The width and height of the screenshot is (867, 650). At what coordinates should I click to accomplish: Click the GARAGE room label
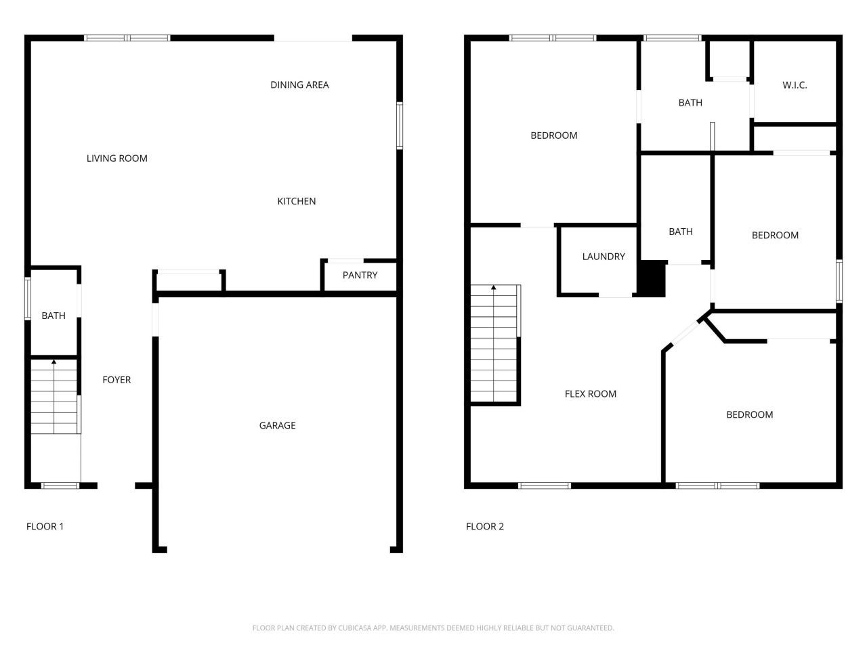(x=277, y=425)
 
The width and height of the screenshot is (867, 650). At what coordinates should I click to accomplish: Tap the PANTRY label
(x=360, y=275)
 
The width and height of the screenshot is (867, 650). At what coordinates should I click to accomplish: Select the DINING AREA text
(x=299, y=85)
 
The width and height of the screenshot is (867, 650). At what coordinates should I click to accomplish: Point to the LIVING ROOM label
(x=117, y=158)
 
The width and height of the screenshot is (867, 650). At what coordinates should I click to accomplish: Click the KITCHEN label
(x=296, y=201)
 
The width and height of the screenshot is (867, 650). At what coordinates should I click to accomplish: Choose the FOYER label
(x=117, y=380)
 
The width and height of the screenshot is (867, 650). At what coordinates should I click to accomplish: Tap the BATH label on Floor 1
(x=54, y=316)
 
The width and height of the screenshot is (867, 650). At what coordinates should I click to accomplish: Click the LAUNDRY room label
(x=603, y=257)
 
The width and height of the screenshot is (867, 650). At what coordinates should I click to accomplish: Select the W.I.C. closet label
(x=795, y=85)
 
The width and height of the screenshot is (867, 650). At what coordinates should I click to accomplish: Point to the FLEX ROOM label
(x=590, y=394)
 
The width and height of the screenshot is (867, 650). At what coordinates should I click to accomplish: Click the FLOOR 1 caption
(x=45, y=527)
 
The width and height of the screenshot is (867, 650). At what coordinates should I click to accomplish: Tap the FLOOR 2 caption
(x=484, y=527)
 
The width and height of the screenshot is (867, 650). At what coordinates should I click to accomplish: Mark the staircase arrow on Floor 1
(x=54, y=363)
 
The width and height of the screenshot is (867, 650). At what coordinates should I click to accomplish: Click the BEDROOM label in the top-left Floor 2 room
(x=553, y=135)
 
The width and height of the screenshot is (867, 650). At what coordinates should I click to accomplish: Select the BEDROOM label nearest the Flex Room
(x=749, y=415)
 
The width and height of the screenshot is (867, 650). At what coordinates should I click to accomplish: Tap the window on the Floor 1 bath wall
(x=28, y=298)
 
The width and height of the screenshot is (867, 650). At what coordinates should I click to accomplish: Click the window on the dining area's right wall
(x=400, y=125)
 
